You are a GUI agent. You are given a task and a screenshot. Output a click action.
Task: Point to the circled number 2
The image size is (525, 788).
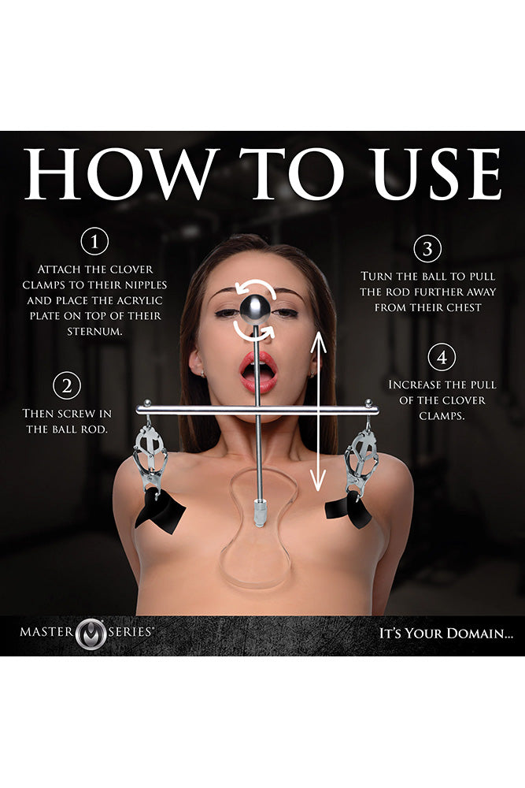(67, 386)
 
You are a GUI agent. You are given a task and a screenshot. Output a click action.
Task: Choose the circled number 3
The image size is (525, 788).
(427, 249)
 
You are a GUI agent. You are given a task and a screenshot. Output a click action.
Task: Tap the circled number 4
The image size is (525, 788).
(442, 358)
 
